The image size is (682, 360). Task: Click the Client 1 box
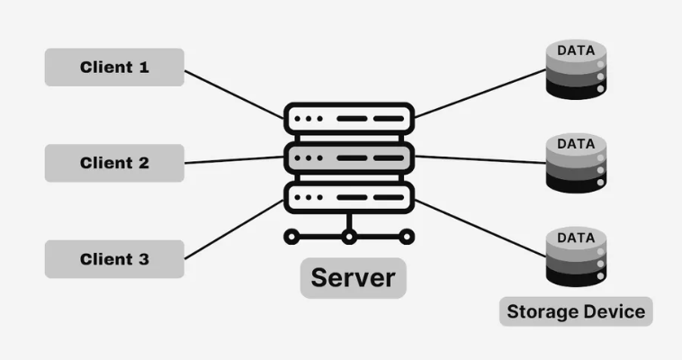point(114,67)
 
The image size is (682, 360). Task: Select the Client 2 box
point(114,163)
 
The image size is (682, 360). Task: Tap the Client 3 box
point(114,259)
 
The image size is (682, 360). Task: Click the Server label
point(353,277)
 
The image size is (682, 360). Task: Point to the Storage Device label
point(576,311)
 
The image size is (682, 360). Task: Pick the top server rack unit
point(349,119)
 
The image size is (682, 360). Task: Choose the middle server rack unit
point(349,157)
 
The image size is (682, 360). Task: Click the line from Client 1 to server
point(234,94)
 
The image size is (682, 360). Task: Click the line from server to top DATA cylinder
point(481,93)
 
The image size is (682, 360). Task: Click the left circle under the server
point(291,238)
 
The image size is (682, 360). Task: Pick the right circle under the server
point(407,238)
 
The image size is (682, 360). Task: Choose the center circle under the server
point(349,238)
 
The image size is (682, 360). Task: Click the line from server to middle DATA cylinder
point(481,159)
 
